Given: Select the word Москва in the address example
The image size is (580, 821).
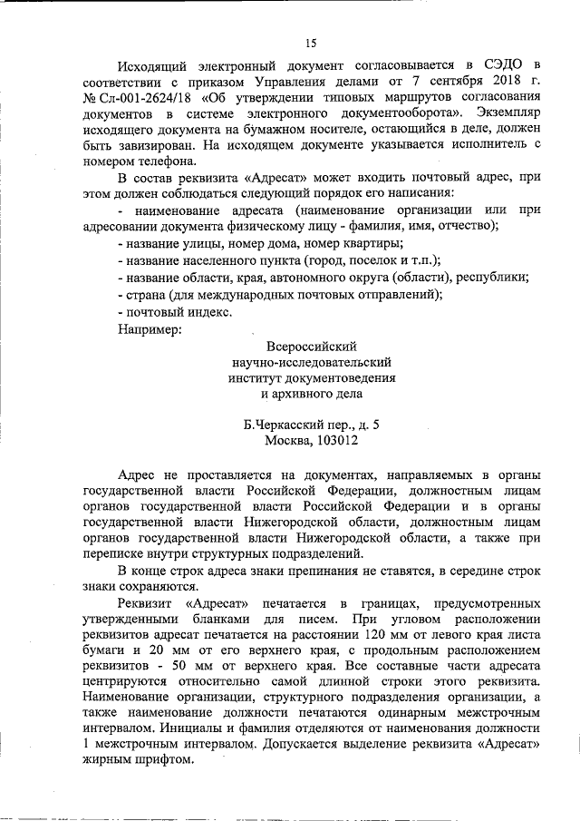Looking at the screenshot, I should (x=288, y=442).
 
